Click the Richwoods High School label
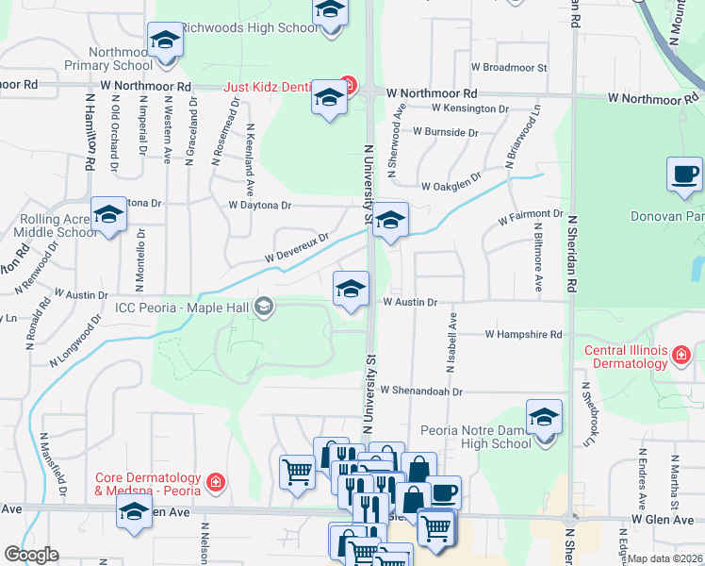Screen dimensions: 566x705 point(249,27)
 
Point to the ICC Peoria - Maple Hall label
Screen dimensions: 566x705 point(182,307)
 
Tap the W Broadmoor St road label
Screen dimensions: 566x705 point(509,68)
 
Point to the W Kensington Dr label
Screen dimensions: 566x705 point(464,109)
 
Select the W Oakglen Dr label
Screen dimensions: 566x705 point(451,185)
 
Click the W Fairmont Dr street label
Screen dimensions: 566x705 point(530,216)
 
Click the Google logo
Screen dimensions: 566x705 point(31,555)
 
